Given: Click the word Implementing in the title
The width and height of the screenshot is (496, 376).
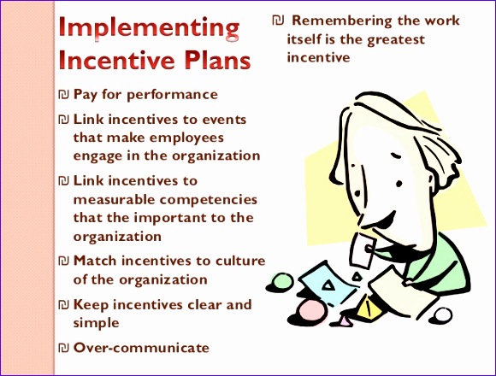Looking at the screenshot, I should (149, 29).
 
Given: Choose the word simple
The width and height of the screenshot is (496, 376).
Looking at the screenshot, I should (96, 323).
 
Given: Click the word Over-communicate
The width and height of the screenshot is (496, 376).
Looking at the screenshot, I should (141, 347).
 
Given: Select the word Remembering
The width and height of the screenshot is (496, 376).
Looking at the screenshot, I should (332, 21).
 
